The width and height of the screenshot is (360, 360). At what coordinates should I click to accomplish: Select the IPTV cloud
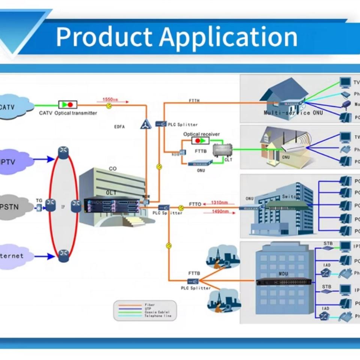[x=13, y=162]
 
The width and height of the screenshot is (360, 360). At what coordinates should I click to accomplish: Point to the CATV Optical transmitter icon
[x=68, y=105]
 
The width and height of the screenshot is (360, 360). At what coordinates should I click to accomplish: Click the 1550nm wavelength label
[x=110, y=99]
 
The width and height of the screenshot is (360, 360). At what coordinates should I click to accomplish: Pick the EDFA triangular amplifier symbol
[x=146, y=123]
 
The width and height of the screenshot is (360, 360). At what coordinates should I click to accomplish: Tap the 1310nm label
[x=219, y=203]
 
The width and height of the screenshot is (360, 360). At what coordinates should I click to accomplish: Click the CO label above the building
[x=112, y=169]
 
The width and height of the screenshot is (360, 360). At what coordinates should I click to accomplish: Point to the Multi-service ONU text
[x=293, y=112]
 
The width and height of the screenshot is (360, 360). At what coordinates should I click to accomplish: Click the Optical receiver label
[x=201, y=134]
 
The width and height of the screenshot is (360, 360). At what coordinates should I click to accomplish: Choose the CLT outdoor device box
[x=220, y=151]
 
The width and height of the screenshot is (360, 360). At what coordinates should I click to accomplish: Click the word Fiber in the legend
[x=149, y=305]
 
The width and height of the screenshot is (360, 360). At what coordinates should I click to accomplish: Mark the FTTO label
[x=195, y=204]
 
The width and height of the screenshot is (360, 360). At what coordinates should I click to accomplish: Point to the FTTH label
[x=194, y=101]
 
